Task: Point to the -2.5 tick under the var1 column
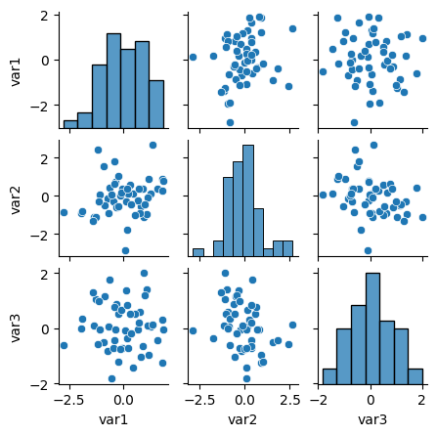(65, 400)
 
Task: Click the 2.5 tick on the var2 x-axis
(289, 400)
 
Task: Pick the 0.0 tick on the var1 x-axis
(122, 400)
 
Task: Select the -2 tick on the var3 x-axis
(321, 400)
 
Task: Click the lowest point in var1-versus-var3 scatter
(354, 122)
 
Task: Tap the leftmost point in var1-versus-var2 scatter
(193, 57)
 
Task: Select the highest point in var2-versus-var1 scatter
(153, 145)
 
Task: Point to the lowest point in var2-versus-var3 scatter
(368, 250)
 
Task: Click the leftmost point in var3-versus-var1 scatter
(64, 345)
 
